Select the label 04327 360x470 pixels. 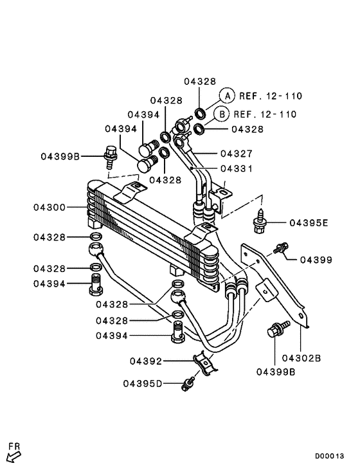(236, 154)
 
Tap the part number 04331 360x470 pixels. (236, 168)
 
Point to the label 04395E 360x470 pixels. (309, 223)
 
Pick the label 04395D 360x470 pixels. (143, 384)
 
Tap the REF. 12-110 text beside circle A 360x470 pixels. (270, 96)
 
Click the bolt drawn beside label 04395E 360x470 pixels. (260, 221)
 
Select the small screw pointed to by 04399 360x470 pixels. (280, 248)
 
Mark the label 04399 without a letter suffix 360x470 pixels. (315, 259)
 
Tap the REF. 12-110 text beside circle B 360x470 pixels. (265, 114)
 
